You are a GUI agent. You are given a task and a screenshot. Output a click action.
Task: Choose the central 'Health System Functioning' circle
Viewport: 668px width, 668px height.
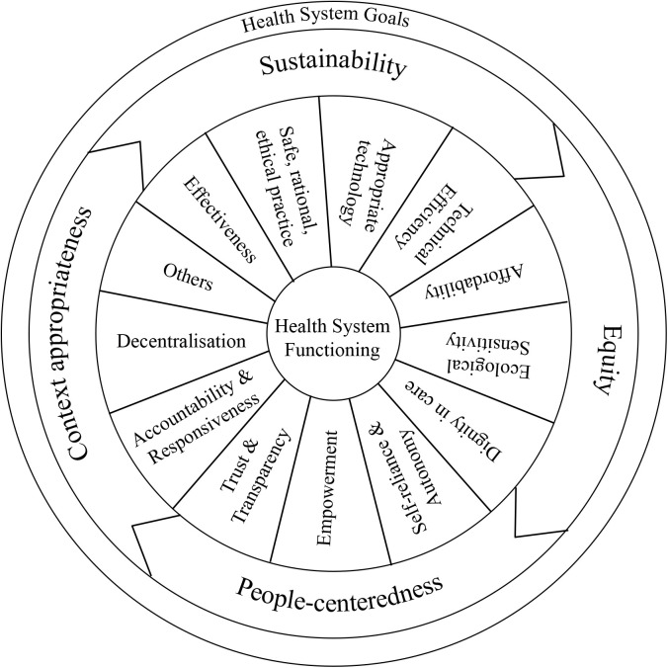click(333, 336)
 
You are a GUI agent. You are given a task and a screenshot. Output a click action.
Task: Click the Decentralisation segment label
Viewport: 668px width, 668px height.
click(181, 342)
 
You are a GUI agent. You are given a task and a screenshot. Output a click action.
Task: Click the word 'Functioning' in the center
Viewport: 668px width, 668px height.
click(333, 348)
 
